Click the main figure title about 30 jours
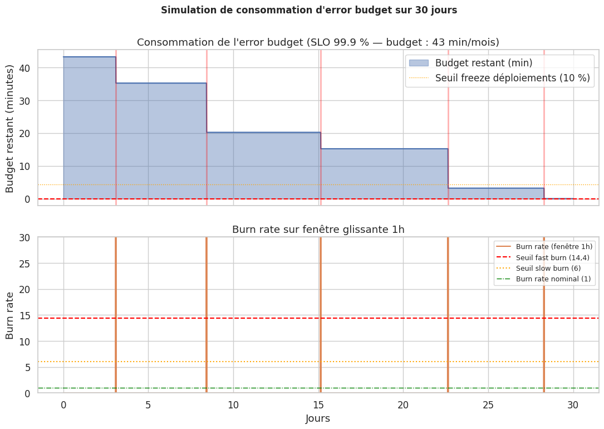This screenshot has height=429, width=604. (309, 10)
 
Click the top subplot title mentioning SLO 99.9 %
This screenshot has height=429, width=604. (318, 42)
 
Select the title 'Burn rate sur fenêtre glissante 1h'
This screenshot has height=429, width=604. (318, 230)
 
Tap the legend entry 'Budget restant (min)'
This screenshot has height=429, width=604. (483, 62)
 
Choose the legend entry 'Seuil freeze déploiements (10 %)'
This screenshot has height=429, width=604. (512, 78)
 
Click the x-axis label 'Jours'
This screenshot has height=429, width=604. (318, 418)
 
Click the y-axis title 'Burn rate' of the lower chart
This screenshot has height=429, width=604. (10, 315)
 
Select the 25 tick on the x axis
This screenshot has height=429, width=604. (488, 404)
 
